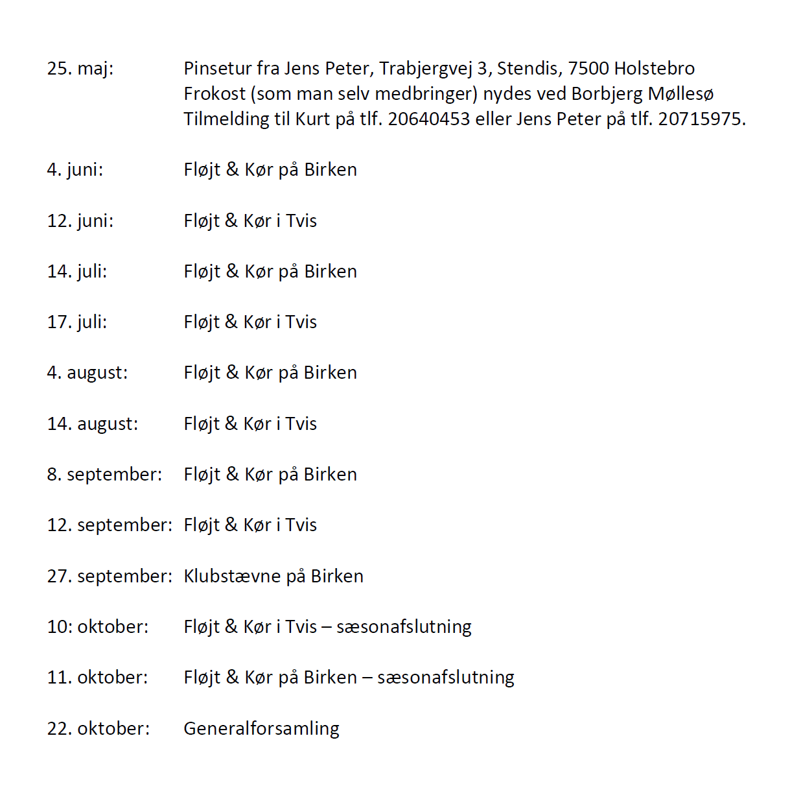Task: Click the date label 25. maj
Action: pos(80,68)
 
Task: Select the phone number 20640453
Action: pos(428,119)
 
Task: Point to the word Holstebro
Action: pos(654,68)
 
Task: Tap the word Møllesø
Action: pos(680,94)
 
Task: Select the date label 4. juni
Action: pos(75,170)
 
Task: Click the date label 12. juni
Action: pos(80,221)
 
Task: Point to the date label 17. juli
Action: pos(76,322)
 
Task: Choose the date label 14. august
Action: pos(92,424)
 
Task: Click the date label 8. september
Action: pos(104,475)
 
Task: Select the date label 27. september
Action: pos(109,577)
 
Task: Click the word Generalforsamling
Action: pos(261,729)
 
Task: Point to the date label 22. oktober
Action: pos(98,729)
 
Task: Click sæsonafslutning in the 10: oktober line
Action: pos(404,627)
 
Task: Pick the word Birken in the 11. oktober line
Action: pos(330,678)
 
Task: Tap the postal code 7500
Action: pos(588,68)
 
